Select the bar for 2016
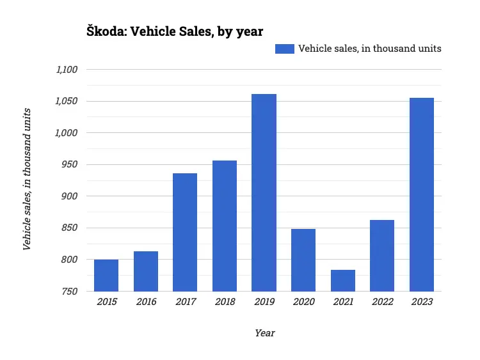coord(146,271)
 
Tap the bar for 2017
coord(185,232)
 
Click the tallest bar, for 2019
coord(264,192)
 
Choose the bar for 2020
coord(303,260)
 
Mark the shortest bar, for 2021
coord(343,280)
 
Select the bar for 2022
coord(382,255)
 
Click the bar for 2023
coord(422,194)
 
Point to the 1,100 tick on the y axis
coord(67,70)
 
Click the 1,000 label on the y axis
coord(67,133)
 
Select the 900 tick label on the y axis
coord(70,196)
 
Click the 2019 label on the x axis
coord(264,302)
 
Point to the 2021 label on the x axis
coord(343,302)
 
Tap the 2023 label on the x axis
coord(422,302)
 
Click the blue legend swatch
coord(284,49)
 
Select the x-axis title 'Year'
coord(264,333)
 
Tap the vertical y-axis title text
coord(27,179)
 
